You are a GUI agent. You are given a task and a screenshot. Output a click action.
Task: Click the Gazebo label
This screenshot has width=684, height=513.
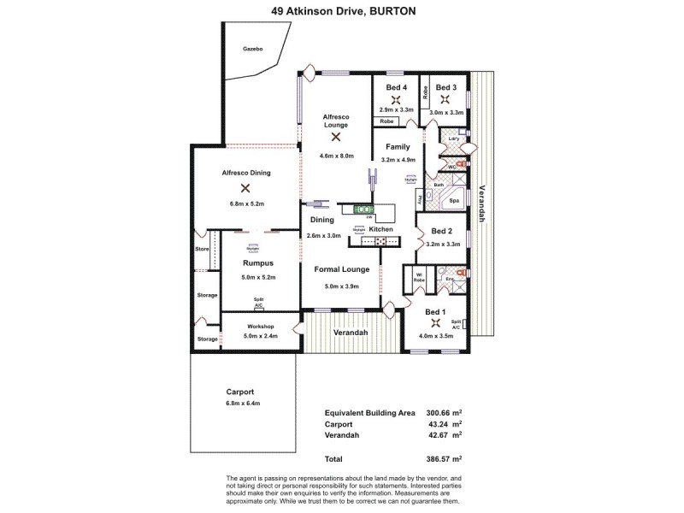[251, 50]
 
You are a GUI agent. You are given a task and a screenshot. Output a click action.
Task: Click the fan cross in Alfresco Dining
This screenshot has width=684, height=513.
[245, 187]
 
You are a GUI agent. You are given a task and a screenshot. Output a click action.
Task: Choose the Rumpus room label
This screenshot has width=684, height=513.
[257, 263]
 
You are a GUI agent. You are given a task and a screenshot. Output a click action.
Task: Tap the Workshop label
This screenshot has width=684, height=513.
[260, 327]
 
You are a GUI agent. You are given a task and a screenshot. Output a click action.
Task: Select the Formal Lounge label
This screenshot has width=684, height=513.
[341, 269]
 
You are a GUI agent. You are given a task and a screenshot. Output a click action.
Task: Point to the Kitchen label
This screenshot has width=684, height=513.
[381, 229]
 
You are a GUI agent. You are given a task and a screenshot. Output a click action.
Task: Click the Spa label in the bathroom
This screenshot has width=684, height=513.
[455, 201]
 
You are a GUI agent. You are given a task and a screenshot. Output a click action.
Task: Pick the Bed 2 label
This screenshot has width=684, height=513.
[442, 231]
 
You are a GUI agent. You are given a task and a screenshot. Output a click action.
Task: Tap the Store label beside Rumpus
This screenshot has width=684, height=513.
[202, 250]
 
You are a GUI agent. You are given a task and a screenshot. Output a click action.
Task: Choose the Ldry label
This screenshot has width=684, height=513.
[454, 139]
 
